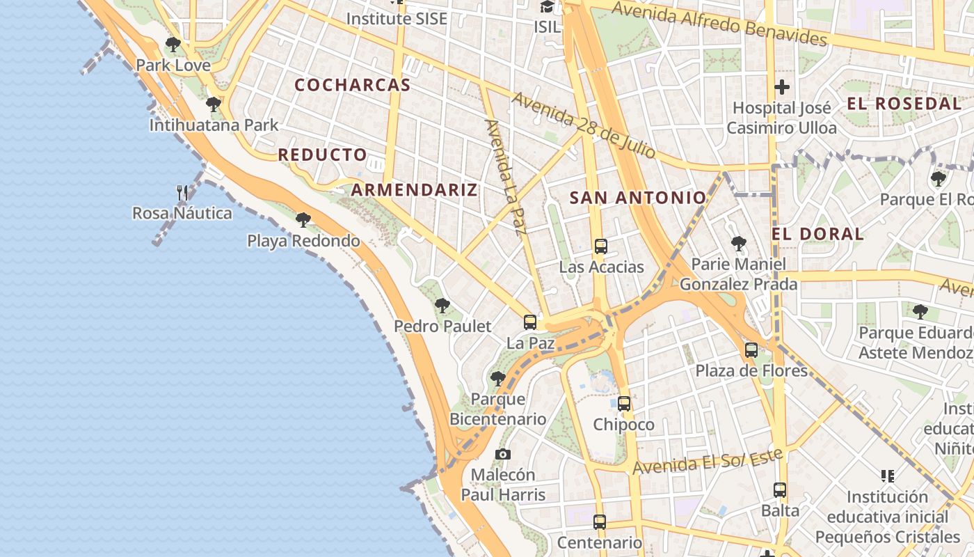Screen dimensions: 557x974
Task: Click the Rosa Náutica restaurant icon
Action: [x=182, y=192]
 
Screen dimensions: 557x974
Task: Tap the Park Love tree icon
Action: [x=173, y=45]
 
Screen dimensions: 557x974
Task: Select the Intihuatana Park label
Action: [x=214, y=125]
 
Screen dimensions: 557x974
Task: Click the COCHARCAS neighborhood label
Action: [x=352, y=85]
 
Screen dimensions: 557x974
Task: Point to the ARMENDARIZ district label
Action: [x=414, y=189]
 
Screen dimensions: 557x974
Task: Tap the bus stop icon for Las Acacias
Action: [x=601, y=246]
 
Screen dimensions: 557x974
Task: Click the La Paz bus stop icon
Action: [x=530, y=322]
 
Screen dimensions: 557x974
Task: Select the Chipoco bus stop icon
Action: [x=624, y=404]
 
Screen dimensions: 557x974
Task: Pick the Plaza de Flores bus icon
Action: [x=751, y=350]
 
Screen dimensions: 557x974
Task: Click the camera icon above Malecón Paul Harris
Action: [x=502, y=455]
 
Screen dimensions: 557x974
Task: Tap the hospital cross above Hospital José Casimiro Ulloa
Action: [x=782, y=88]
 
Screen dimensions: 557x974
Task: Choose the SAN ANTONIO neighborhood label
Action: [x=638, y=198]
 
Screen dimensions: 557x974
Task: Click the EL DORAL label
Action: [x=817, y=234]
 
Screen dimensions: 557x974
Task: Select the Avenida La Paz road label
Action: [x=504, y=177]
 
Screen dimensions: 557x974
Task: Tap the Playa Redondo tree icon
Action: [x=303, y=220]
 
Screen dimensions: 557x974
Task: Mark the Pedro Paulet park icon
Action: [x=442, y=306]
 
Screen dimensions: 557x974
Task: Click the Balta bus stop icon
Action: [x=780, y=490]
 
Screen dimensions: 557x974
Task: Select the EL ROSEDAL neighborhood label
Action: [x=904, y=104]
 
